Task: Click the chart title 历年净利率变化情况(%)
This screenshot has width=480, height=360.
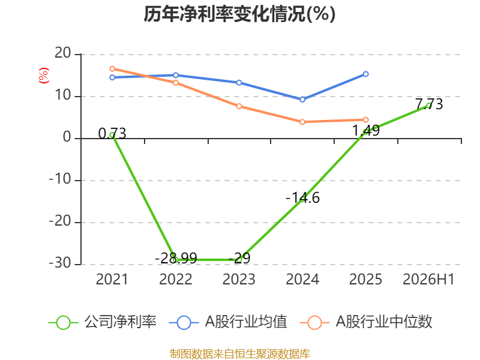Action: pyautogui.click(x=239, y=14)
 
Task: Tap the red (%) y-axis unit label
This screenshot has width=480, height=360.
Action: pyautogui.click(x=43, y=76)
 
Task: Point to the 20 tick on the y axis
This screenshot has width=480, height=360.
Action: pyautogui.click(x=63, y=53)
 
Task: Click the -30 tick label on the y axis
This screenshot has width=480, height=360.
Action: pyautogui.click(x=60, y=263)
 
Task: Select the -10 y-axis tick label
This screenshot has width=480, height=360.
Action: pyautogui.click(x=60, y=179)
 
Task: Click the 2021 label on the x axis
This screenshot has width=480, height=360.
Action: pyautogui.click(x=112, y=279)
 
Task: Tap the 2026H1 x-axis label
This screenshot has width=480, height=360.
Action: pyautogui.click(x=428, y=279)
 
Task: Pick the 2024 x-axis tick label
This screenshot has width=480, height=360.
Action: pyautogui.click(x=302, y=279)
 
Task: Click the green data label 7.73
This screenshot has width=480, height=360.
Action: pyautogui.click(x=429, y=104)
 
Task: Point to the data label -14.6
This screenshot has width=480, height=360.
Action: pyautogui.click(x=302, y=198)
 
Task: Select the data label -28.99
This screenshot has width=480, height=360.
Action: pyautogui.click(x=176, y=258)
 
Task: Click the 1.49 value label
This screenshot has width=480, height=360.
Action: pyautogui.click(x=366, y=130)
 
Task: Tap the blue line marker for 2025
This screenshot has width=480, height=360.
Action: pyautogui.click(x=366, y=74)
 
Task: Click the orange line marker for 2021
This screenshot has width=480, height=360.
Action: pyautogui.click(x=112, y=69)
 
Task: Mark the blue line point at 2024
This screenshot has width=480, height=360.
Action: pyautogui.click(x=302, y=100)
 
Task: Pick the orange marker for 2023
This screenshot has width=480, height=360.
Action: pyautogui.click(x=239, y=106)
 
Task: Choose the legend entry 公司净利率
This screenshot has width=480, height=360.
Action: pyautogui.click(x=103, y=322)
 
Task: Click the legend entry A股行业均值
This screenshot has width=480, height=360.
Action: pyautogui.click(x=228, y=322)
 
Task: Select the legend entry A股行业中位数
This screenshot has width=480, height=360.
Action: pyautogui.click(x=366, y=322)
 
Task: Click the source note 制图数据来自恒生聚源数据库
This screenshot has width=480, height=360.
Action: pyautogui.click(x=239, y=354)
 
